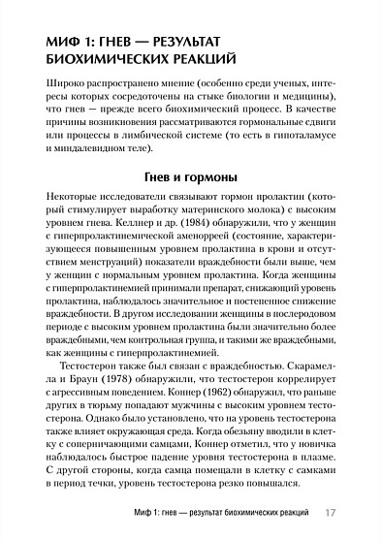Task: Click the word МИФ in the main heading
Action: tap(49, 44)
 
